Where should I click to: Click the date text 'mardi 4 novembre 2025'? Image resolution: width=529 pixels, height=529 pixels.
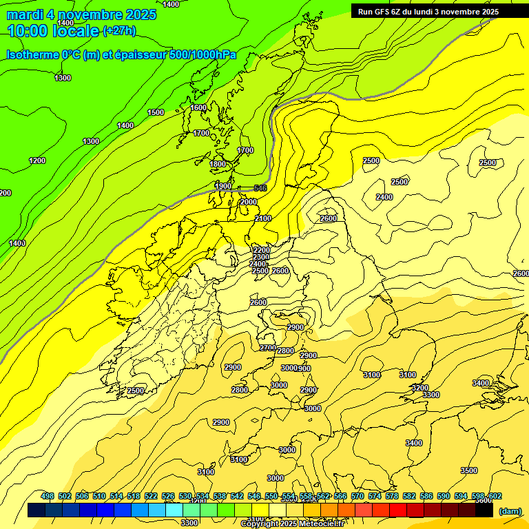[x=81, y=14]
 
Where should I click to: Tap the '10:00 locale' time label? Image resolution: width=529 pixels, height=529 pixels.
[x=53, y=31]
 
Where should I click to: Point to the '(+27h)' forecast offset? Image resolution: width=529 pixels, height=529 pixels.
[x=119, y=30]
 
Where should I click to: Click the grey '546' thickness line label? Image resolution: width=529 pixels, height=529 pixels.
[x=260, y=188]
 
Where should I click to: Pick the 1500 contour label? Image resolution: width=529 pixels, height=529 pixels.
[x=156, y=112]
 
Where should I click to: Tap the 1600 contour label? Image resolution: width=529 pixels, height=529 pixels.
[x=198, y=107]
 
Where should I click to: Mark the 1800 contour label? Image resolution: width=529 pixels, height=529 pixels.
[x=218, y=164]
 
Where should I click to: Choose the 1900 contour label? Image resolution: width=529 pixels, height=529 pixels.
[x=223, y=186]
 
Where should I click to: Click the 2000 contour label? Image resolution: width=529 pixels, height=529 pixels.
[x=249, y=202]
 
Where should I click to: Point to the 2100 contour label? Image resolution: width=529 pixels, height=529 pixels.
[x=263, y=218]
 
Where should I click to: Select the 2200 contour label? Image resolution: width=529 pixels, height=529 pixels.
[x=261, y=250]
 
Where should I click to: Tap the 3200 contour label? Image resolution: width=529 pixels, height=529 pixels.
[x=419, y=388]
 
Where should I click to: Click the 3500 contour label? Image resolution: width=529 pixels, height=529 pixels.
[x=468, y=470]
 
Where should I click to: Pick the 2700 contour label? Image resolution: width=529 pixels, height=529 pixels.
[x=268, y=348]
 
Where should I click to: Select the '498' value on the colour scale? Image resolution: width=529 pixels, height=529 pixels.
[x=48, y=497]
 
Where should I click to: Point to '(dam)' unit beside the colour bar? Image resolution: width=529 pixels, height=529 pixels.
[x=510, y=511]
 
